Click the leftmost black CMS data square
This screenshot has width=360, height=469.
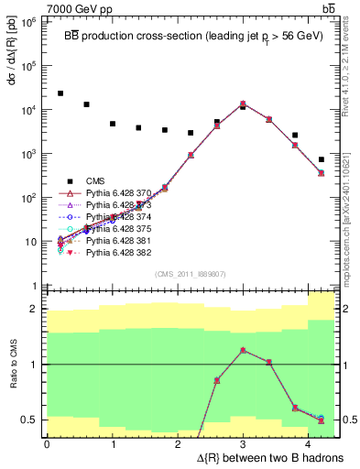point(60,93)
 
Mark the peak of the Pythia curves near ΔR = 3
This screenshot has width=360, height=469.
point(243,104)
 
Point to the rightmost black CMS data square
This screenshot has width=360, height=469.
point(321,159)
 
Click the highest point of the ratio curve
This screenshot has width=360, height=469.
point(243,350)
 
